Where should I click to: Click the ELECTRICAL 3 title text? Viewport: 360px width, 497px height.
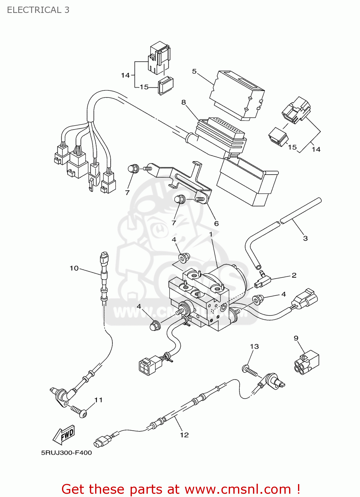click(38, 10)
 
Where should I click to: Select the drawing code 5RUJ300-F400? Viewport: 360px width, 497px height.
click(66, 453)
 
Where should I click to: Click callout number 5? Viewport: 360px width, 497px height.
click(194, 71)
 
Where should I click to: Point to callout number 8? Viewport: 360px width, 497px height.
click(184, 102)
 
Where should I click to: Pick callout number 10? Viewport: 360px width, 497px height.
click(74, 268)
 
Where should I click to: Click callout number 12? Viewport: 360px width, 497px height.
click(184, 435)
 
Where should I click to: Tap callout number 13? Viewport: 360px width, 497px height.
click(254, 346)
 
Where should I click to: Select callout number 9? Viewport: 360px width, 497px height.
click(296, 338)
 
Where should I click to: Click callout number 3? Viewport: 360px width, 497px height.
click(305, 238)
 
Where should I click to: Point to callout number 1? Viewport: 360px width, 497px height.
click(211, 234)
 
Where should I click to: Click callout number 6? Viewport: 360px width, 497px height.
click(216, 223)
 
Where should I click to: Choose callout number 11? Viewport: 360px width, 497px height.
click(98, 400)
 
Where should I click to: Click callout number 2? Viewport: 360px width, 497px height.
click(294, 275)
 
